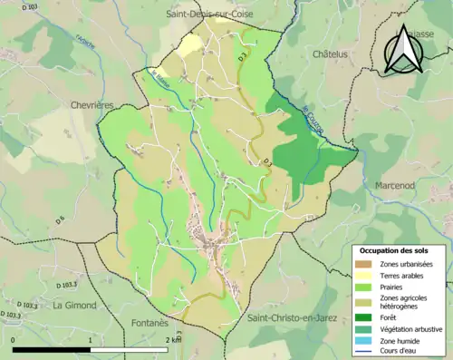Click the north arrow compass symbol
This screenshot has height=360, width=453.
(x=402, y=49)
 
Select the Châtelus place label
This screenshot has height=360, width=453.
(x=331, y=54)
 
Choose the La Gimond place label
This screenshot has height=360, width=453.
(x=73, y=305)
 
